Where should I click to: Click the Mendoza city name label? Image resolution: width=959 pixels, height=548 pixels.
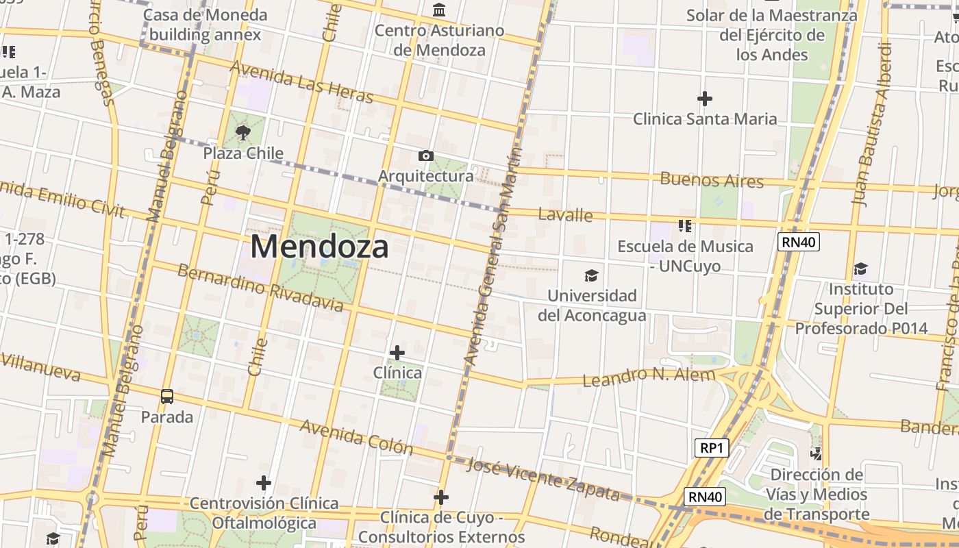(319, 247)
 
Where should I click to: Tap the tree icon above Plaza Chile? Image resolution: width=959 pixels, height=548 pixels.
(242, 132)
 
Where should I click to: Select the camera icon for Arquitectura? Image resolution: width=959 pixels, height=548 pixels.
(425, 156)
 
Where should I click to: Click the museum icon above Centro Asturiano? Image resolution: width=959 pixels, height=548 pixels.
(439, 10)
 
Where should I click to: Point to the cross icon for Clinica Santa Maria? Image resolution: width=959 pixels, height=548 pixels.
(704, 99)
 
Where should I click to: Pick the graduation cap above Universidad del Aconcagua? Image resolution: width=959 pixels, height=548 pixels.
(591, 275)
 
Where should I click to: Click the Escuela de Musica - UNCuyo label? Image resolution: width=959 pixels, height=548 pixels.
(685, 256)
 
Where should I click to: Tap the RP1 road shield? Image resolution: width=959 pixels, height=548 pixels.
(712, 448)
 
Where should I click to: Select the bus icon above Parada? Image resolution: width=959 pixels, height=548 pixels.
(167, 396)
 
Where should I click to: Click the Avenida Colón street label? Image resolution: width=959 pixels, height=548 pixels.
(357, 437)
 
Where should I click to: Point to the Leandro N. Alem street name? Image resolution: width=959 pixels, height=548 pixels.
(649, 376)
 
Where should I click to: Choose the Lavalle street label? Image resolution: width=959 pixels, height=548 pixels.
(565, 214)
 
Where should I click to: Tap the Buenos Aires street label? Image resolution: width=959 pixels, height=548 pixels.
(711, 180)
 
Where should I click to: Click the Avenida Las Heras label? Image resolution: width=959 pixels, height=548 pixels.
(302, 82)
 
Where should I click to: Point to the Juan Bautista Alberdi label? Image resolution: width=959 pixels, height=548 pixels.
(871, 124)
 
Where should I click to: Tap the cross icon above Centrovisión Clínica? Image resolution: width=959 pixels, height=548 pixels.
(264, 483)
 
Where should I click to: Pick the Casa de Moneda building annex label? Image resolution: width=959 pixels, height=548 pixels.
(206, 25)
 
